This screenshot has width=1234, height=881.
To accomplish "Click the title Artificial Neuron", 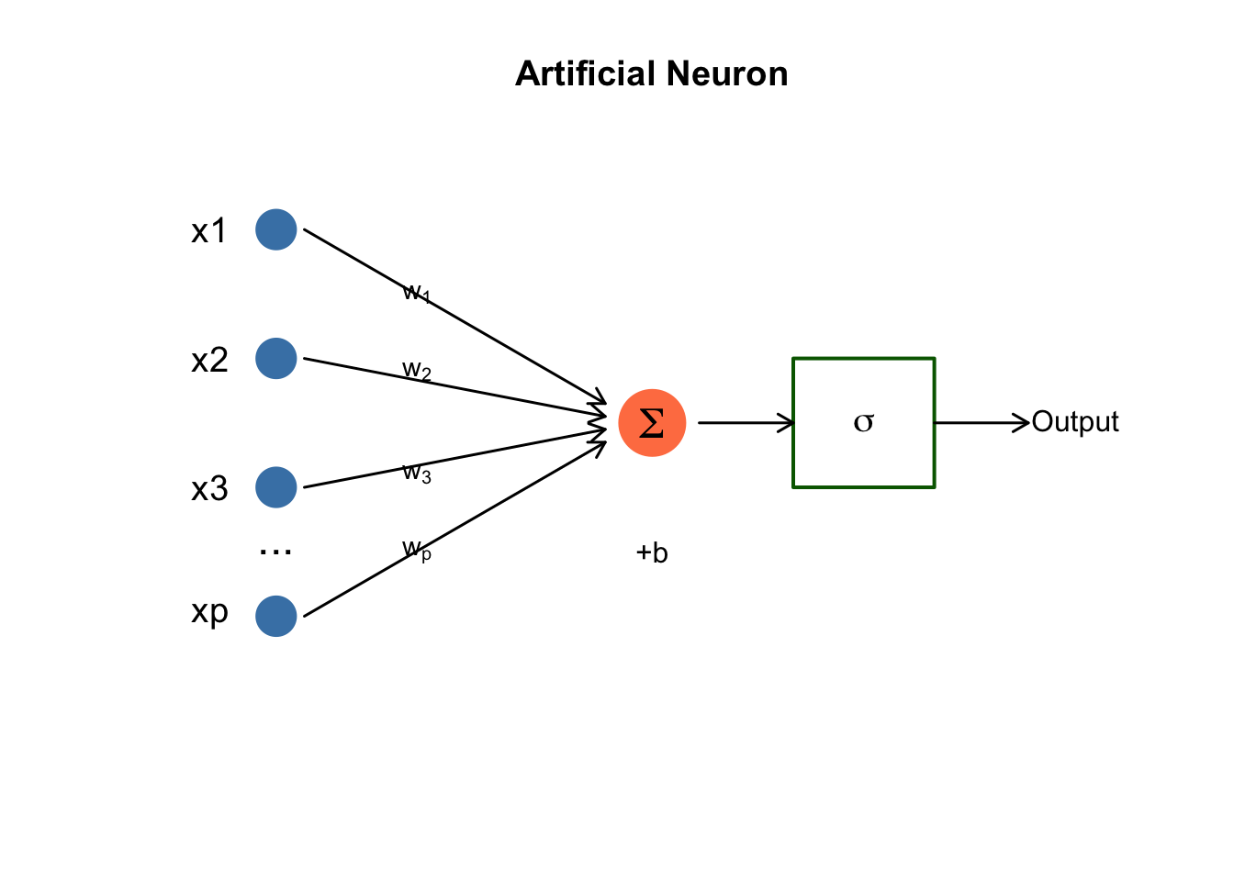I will pos(651,73).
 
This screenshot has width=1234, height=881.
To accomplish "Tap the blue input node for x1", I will pos(275,229).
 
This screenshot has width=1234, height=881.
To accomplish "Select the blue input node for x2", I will pos(275,358).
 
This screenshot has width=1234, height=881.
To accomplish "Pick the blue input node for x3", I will pos(275,487).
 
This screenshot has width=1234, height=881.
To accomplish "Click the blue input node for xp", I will pos(275,616).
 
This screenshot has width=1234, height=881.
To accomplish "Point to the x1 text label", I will pos(209,230).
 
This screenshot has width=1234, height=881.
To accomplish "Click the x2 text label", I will pos(209,360).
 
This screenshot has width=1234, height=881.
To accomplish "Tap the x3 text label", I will pos(209,488).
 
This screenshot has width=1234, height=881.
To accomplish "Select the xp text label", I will pos(209,611).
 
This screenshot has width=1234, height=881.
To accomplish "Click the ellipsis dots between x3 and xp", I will pos(275,552).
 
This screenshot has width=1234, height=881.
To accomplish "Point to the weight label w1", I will pos(416,293).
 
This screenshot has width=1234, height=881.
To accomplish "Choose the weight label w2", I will pos(416,370).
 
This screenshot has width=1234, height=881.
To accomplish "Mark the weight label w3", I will pos(416,473).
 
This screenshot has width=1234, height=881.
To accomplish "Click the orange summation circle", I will pos(652,423).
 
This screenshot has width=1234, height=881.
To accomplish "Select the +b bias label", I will pos(652,552).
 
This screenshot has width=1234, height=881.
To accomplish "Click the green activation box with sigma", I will pos(863,422).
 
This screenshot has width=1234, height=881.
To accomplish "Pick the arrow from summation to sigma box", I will pos(745,423).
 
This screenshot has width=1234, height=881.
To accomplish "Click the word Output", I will pos(1075,422).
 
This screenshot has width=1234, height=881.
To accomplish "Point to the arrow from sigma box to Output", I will pos(982,423).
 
